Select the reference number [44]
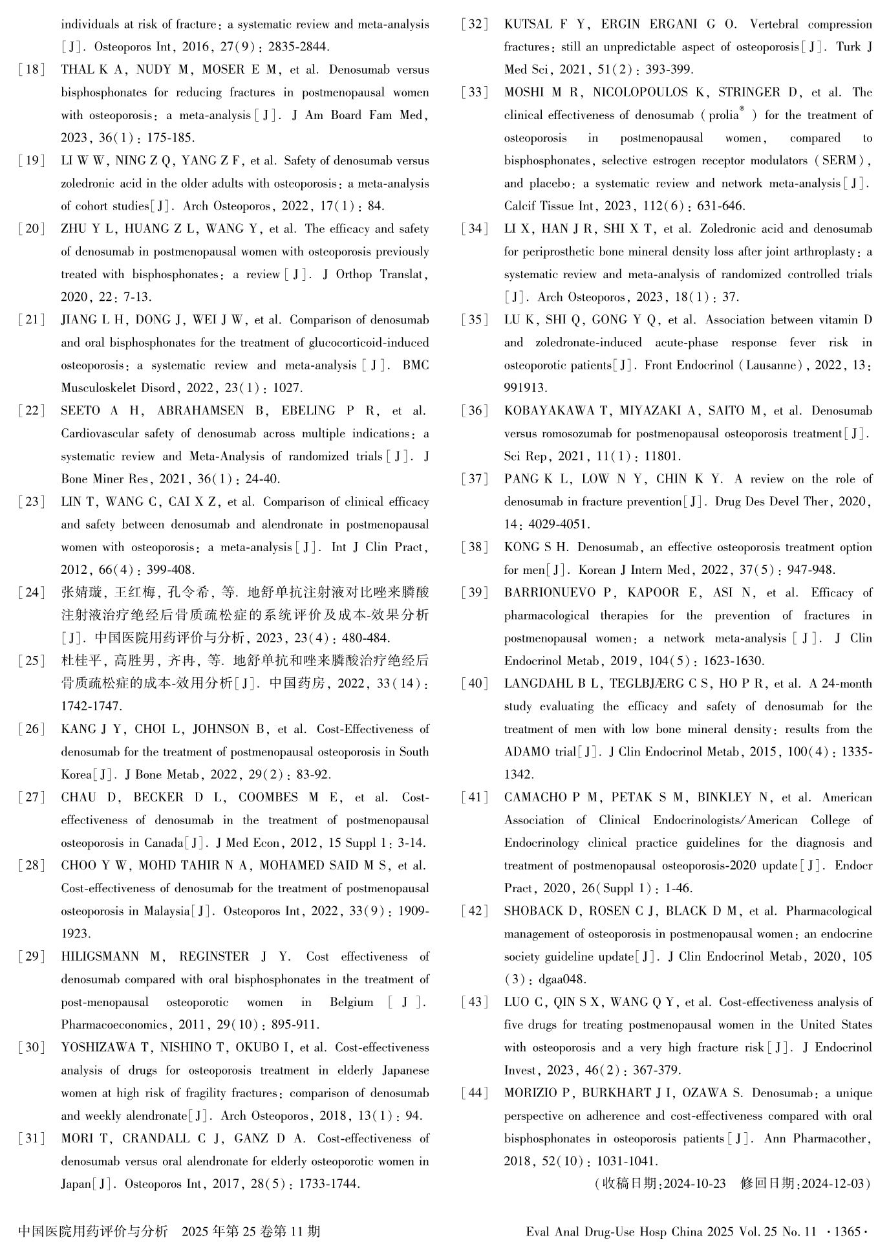475,1093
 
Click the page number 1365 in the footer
848,1232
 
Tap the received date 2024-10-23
694,1184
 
